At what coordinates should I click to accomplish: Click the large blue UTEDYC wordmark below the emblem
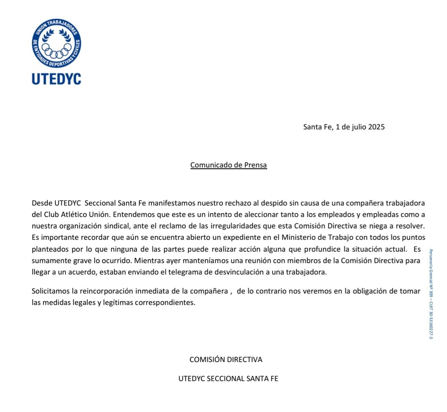pyautogui.click(x=56, y=79)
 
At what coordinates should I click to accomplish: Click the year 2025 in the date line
pyautogui.click(x=376, y=127)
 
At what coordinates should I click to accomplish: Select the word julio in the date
pyautogui.click(x=359, y=127)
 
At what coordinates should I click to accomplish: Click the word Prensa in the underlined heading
pyautogui.click(x=255, y=165)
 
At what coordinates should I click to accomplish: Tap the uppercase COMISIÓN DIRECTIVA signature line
pyautogui.click(x=226, y=360)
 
